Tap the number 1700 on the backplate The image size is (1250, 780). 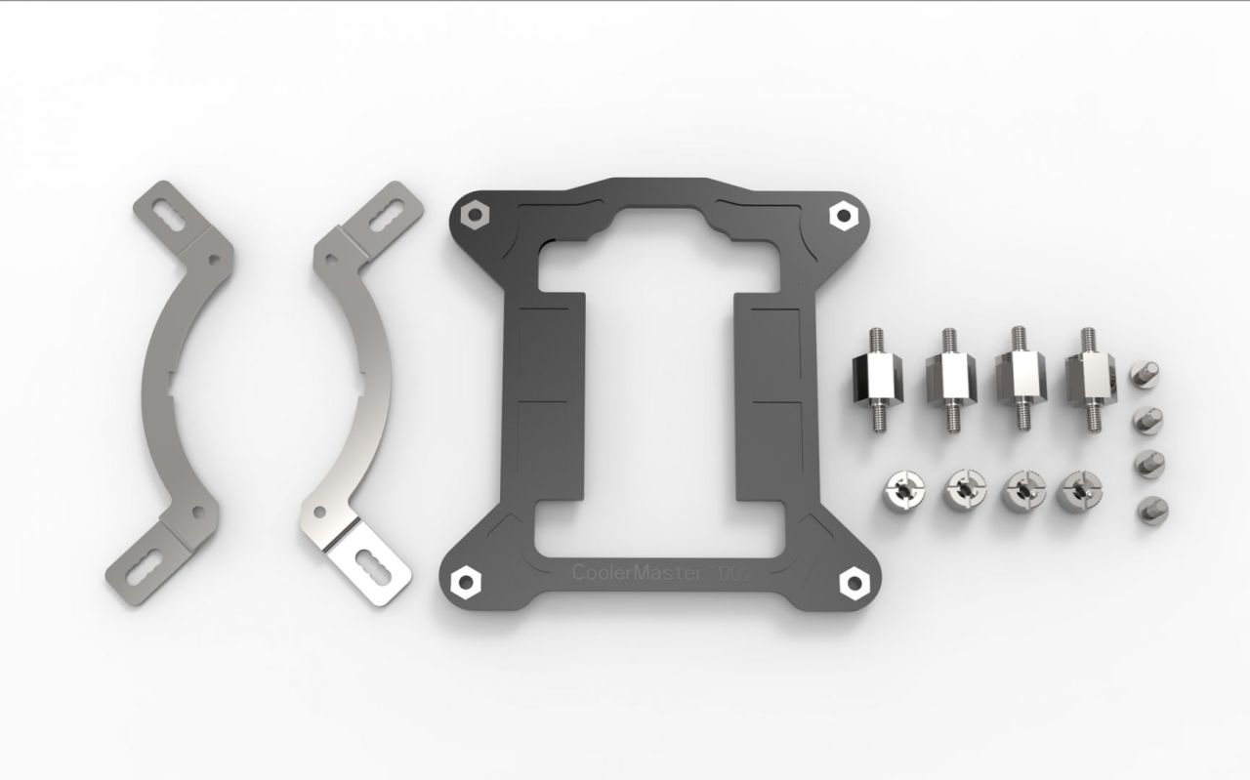[734, 574]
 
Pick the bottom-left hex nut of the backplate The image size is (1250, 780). [460, 580]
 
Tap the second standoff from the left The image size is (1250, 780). [947, 381]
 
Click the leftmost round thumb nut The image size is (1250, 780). [902, 485]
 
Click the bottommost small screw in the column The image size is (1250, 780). [1146, 511]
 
